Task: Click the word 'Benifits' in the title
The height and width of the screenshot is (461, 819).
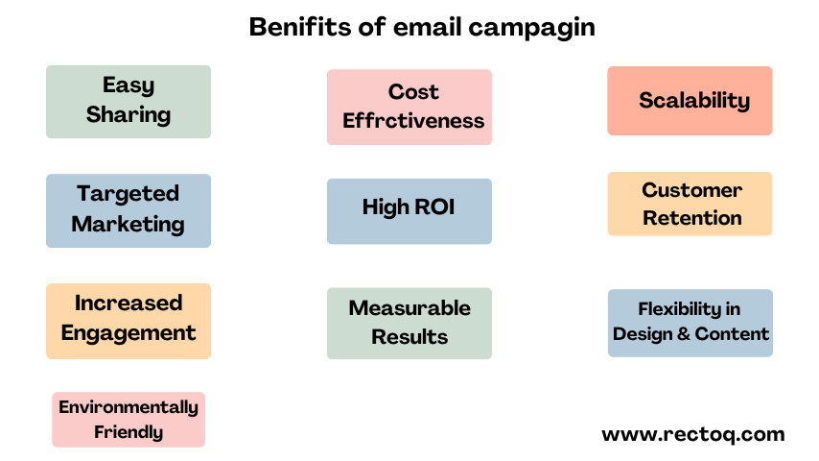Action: click(x=300, y=27)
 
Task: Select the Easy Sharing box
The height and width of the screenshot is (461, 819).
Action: click(x=129, y=102)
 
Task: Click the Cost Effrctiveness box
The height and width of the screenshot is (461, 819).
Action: click(x=409, y=107)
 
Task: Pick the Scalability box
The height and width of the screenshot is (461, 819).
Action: click(x=690, y=101)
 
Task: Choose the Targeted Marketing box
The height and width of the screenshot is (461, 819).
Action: click(x=129, y=210)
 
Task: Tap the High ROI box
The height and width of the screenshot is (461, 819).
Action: click(x=409, y=211)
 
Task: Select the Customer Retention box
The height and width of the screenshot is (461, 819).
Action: click(x=690, y=204)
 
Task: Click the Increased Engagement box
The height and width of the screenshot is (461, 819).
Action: click(x=129, y=321)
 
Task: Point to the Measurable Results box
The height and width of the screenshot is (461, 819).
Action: click(x=409, y=323)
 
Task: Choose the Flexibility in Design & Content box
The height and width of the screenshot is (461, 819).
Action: click(x=690, y=323)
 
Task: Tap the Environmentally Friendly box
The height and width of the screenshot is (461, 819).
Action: click(x=129, y=419)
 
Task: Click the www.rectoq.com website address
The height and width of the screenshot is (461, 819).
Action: click(x=693, y=434)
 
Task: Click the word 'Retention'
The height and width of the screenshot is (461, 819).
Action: click(x=692, y=218)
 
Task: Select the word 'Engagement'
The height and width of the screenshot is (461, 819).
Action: click(x=129, y=333)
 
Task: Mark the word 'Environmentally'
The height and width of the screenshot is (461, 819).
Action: click(x=129, y=407)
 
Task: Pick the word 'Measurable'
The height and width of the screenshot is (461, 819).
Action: click(x=409, y=307)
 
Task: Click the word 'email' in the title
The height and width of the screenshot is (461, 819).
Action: click(x=427, y=27)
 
